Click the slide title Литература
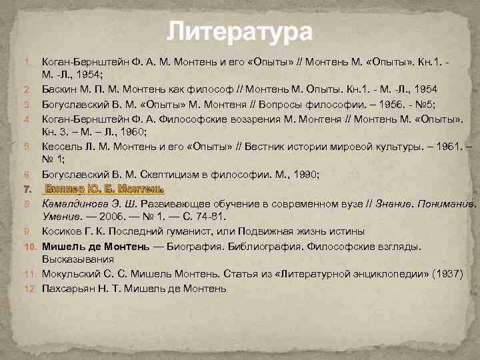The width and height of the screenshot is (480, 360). pos(239,31)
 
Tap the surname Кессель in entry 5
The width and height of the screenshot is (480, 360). pos(62,145)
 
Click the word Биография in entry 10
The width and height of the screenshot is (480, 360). pos(215,246)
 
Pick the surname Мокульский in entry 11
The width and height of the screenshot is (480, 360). pos(72,274)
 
